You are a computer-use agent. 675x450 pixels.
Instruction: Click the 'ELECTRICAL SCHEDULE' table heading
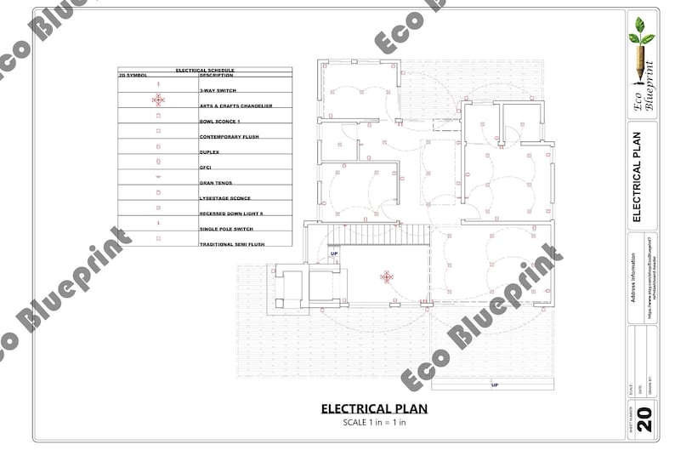204,70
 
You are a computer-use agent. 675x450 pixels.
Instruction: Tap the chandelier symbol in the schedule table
158,100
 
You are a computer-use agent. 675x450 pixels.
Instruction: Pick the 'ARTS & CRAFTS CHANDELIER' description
235,105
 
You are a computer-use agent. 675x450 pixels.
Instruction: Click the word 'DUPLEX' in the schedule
209,151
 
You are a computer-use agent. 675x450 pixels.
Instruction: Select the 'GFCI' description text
205,168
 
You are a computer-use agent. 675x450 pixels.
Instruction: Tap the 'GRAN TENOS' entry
215,183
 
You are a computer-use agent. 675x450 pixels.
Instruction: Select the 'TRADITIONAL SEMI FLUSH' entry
233,244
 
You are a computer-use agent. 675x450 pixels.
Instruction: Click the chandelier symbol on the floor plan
387,276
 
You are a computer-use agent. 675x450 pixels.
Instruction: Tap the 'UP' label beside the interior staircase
334,254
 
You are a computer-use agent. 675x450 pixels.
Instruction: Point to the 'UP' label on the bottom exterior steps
494,384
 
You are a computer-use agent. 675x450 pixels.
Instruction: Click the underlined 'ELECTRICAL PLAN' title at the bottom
374,409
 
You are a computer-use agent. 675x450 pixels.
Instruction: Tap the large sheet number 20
644,419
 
